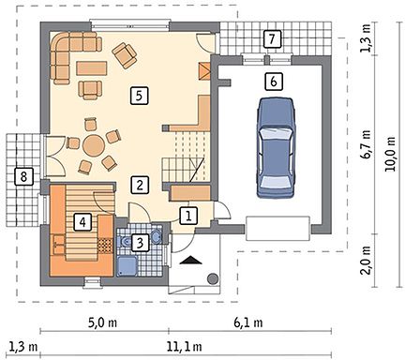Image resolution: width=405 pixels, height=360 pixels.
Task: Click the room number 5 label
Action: click(x=139, y=96)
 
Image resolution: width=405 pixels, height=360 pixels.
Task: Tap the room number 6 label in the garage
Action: click(x=274, y=82)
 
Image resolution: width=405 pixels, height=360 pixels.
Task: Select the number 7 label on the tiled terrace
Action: click(x=272, y=39)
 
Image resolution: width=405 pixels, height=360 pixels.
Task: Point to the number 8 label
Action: click(x=23, y=177)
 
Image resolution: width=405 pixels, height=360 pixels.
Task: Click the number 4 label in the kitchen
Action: click(x=82, y=222)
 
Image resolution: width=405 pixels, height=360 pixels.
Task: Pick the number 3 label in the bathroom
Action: click(x=140, y=243)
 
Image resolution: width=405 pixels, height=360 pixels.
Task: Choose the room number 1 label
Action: click(x=188, y=216)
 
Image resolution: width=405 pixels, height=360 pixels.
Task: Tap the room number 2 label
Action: click(x=140, y=185)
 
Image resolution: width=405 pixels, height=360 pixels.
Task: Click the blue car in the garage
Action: click(x=276, y=147)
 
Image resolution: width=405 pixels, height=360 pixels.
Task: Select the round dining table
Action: click(x=94, y=145)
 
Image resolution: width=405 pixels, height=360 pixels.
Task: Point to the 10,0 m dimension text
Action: click(x=391, y=154)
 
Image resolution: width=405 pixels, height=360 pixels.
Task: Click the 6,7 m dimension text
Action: click(x=366, y=145)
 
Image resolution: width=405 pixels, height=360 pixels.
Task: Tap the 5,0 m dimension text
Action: click(x=102, y=322)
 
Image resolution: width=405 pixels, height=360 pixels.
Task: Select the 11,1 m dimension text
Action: click(x=184, y=347)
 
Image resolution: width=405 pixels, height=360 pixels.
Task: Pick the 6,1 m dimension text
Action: click(x=248, y=322)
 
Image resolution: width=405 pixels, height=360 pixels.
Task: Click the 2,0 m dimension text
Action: click(x=366, y=261)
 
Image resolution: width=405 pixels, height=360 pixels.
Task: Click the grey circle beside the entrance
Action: click(x=213, y=278)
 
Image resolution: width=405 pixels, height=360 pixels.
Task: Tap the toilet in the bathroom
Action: click(x=126, y=241)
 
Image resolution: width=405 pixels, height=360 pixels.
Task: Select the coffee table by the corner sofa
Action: click(x=92, y=68)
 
